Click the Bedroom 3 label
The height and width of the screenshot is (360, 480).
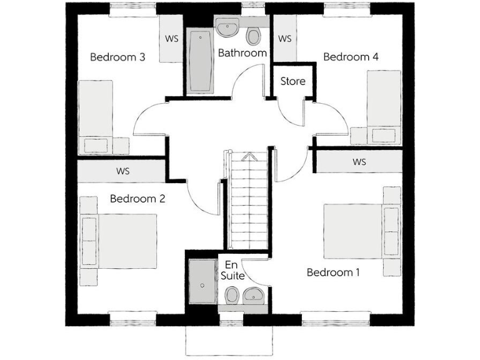[118, 57]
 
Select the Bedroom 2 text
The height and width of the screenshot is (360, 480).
[137, 199]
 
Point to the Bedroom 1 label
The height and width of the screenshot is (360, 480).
[333, 272]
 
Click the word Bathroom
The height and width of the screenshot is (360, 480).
[242, 53]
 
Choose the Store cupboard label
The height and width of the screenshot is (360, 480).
[292, 81]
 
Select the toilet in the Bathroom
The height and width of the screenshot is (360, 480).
[253, 36]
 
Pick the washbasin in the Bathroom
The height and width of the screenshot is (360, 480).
[226, 27]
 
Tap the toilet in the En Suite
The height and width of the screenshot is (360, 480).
[231, 294]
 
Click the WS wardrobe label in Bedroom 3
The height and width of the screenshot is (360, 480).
[171, 39]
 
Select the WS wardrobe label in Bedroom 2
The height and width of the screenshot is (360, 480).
[122, 171]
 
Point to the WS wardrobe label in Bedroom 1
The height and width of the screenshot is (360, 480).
[359, 162]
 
